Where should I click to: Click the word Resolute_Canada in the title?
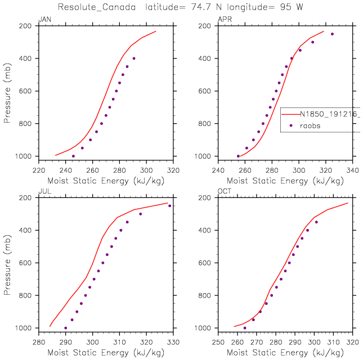pyautogui.click(x=93, y=7)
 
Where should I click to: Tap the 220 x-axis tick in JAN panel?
pyautogui.click(x=38, y=168)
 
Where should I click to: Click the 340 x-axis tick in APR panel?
pyautogui.click(x=352, y=168)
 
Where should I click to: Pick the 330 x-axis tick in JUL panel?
pyautogui.click(x=172, y=340)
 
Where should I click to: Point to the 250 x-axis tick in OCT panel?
pyautogui.click(x=218, y=340)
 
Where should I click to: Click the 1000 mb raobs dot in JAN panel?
pyautogui.click(x=73, y=156)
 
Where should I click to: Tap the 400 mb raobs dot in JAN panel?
pyautogui.click(x=134, y=58)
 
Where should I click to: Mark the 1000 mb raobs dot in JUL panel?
pyautogui.click(x=65, y=328)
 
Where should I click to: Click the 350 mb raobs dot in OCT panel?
pyautogui.click(x=316, y=222)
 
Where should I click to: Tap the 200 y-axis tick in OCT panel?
pyautogui.click(x=212, y=197)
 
